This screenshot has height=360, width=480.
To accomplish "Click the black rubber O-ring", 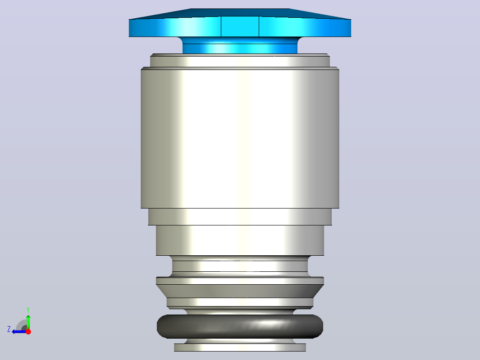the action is pyautogui.click(x=240, y=326).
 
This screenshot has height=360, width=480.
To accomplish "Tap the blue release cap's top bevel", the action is pyautogui.click(x=240, y=14).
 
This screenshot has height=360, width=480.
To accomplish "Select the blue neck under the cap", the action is pyautogui.click(x=240, y=45).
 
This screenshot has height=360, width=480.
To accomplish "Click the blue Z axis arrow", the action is pyautogui.click(x=19, y=331).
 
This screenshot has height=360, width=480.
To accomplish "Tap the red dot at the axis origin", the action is pyautogui.click(x=28, y=331).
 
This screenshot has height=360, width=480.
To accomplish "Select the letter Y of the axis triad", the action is pyautogui.click(x=28, y=310).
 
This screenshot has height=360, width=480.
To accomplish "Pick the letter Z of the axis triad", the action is pyautogui.click(x=9, y=329).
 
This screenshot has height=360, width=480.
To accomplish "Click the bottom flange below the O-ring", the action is pyautogui.click(x=240, y=347).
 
